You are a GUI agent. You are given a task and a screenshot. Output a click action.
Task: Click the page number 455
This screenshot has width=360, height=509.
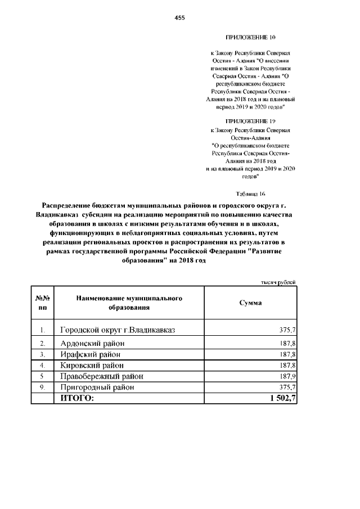pos(180,18)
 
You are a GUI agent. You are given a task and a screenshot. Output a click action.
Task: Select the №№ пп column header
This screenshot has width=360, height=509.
pos(43,303)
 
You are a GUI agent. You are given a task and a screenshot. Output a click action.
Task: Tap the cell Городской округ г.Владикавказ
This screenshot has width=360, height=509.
pos(118,330)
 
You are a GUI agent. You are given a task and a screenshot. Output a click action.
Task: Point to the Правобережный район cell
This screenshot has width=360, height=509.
pos(101,376)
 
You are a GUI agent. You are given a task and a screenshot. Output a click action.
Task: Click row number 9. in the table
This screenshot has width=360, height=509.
pos(43,388)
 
